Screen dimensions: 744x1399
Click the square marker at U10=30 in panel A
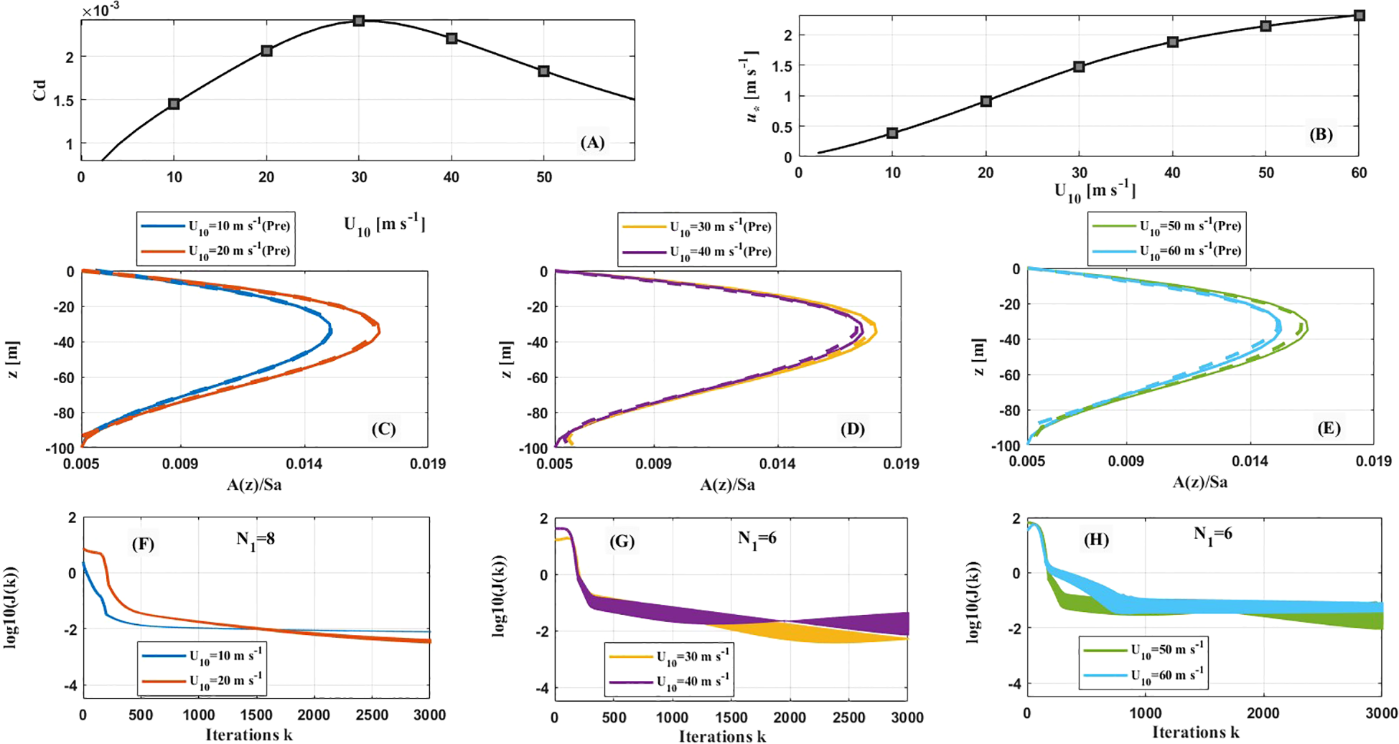pyautogui.click(x=359, y=21)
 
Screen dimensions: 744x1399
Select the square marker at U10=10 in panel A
pyautogui.click(x=174, y=104)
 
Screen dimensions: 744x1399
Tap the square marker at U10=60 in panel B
pyautogui.click(x=1359, y=15)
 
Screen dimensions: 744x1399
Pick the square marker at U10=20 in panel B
pyautogui.click(x=986, y=101)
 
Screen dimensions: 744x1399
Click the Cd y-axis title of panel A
pyautogui.click(x=39, y=90)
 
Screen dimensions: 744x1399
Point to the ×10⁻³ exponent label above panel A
pyautogui.click(x=100, y=11)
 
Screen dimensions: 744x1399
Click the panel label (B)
pyautogui.click(x=1320, y=134)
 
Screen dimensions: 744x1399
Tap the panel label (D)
pyautogui.click(x=852, y=429)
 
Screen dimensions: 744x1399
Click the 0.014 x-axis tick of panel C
pyautogui.click(x=304, y=464)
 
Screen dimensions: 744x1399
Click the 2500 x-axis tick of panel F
pyautogui.click(x=372, y=715)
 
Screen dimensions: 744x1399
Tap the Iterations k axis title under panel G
pyautogui.click(x=722, y=737)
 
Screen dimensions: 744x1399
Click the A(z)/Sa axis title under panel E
pyautogui.click(x=1199, y=482)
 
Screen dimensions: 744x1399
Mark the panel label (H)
pyautogui.click(x=1095, y=540)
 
